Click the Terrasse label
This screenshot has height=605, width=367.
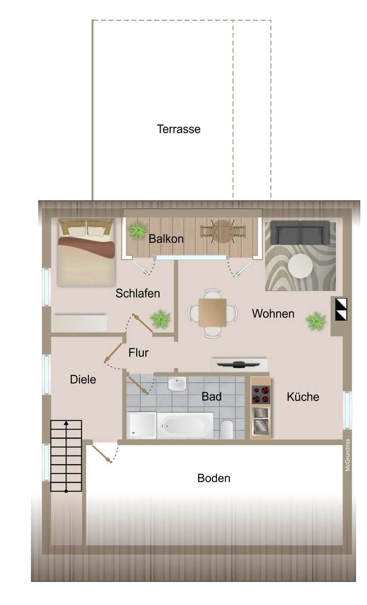coord(178,129)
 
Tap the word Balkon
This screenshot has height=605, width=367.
coord(166,238)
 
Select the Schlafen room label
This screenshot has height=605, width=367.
coord(138,293)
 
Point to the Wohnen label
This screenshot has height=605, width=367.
coord(273,314)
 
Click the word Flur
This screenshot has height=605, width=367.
coord(138,352)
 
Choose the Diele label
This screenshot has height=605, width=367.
coord(83,380)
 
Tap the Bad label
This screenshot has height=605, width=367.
coord(212,396)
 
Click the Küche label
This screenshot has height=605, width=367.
coord(303,397)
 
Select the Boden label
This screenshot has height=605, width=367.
coord(214,478)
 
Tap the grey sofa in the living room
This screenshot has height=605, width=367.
coord(300,233)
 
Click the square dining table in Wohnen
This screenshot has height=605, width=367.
coord(213,313)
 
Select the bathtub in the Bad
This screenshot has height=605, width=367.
coord(185,425)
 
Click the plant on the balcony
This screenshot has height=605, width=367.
coord(138,231)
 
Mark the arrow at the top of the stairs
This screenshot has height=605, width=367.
coord(66,423)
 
